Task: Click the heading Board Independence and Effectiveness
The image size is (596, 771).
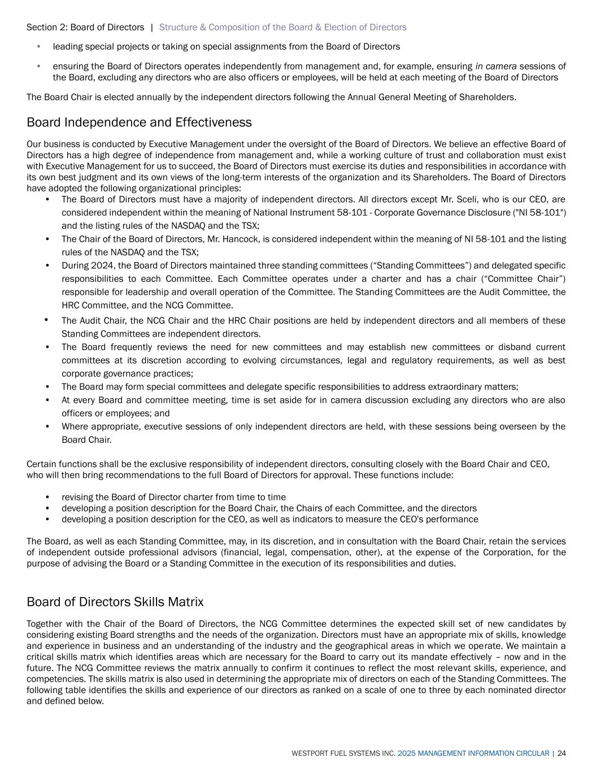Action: tap(139, 123)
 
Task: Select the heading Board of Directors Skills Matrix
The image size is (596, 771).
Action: tap(115, 602)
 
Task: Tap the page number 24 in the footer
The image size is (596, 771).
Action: tap(562, 753)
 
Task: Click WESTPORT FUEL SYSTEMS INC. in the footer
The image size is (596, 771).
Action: tap(343, 753)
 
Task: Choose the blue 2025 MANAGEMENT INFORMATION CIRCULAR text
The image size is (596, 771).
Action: tap(473, 753)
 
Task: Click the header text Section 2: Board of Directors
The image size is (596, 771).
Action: tap(85, 27)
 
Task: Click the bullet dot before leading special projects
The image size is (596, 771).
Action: tap(38, 46)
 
